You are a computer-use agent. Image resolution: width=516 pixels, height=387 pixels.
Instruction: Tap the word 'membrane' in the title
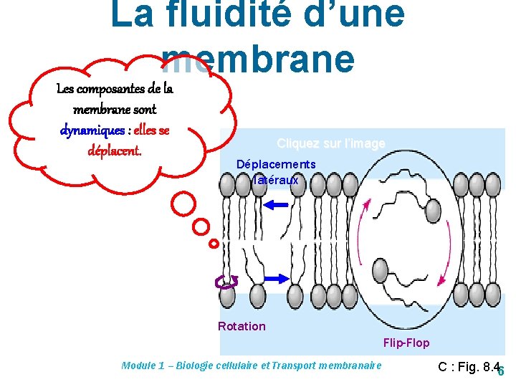pyautogui.click(x=258, y=59)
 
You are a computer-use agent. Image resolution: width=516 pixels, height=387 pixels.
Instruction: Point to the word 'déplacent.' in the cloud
pyautogui.click(x=115, y=151)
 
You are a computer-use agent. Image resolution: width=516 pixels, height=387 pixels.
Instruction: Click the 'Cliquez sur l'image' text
pyautogui.click(x=331, y=144)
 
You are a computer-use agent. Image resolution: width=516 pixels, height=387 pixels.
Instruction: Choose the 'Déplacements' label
pyautogui.click(x=276, y=165)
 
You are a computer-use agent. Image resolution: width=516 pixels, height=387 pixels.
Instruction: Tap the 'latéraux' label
pyautogui.click(x=276, y=181)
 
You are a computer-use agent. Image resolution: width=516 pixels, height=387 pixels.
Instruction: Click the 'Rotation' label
pyautogui.click(x=242, y=326)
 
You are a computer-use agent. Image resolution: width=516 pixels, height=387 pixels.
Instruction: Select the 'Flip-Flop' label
pyautogui.click(x=406, y=343)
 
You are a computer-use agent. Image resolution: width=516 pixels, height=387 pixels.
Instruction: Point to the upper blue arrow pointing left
pyautogui.click(x=276, y=205)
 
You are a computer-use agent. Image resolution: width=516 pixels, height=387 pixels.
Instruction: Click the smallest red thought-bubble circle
pyautogui.click(x=213, y=244)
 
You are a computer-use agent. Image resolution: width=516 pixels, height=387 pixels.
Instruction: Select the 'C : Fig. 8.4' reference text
pyautogui.click(x=468, y=367)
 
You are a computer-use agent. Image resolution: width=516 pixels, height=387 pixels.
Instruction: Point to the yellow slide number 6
pyautogui.click(x=501, y=371)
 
